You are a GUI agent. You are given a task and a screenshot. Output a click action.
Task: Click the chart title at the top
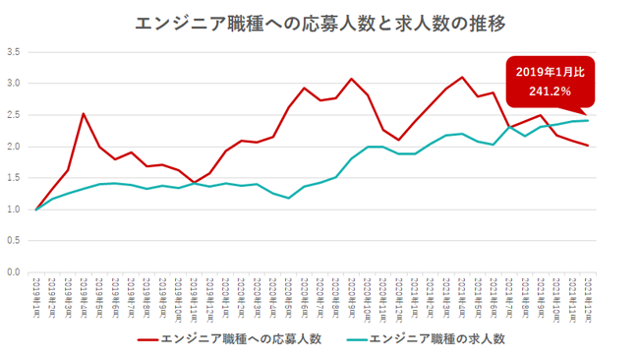319,21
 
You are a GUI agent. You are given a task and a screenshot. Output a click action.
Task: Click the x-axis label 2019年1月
37,293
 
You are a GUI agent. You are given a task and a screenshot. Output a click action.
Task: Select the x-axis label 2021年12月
588,293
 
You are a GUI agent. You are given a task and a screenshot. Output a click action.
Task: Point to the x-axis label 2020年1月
226,293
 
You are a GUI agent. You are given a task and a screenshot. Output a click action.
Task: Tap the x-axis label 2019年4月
85,293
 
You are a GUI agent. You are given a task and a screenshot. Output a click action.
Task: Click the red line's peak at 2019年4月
84,114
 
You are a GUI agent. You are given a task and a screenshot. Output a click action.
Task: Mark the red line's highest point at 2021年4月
462,77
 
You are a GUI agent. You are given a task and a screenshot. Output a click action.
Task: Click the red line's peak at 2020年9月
352,79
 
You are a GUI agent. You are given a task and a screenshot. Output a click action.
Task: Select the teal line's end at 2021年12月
588,120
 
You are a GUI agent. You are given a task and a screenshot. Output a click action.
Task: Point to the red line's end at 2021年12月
588,146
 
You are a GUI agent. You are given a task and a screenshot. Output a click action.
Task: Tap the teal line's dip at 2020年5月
289,198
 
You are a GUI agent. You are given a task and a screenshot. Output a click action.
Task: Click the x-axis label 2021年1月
415,293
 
